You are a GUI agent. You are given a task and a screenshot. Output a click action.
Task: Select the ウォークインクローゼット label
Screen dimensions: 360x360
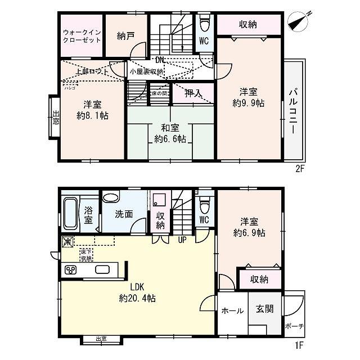coord(82,36)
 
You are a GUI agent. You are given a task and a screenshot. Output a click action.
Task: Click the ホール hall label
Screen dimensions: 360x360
coord(232,310)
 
